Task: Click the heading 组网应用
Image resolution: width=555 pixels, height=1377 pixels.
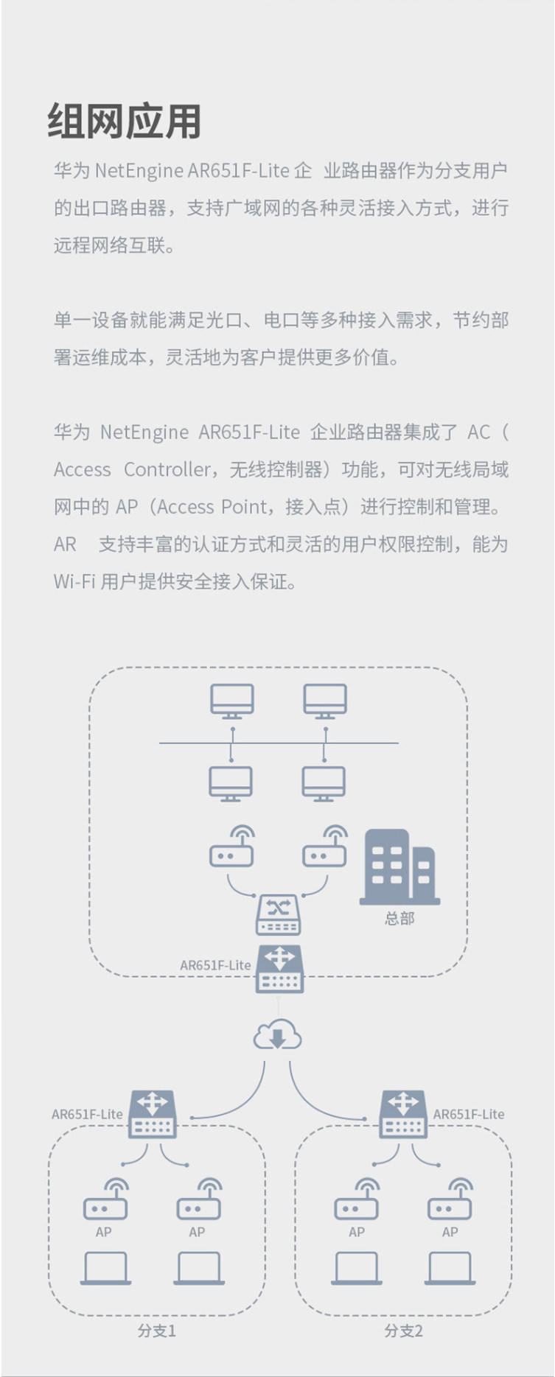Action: click(x=125, y=122)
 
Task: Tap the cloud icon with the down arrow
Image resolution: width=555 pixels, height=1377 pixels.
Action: click(x=277, y=1035)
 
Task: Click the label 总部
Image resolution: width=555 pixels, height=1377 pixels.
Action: click(x=399, y=918)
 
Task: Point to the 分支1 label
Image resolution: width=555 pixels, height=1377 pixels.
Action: click(x=156, y=1331)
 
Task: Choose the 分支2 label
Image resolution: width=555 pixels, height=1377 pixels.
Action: click(x=403, y=1331)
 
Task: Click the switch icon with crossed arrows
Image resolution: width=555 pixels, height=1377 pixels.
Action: click(x=278, y=914)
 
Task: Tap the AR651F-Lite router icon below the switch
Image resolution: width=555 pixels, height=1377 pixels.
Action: click(x=279, y=968)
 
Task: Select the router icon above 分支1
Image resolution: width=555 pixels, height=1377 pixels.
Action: click(x=153, y=1114)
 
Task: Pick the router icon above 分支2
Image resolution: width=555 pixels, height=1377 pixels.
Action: click(x=402, y=1114)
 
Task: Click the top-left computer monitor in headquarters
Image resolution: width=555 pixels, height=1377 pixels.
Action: click(x=232, y=701)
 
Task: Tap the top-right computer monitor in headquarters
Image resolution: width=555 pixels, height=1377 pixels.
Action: click(x=325, y=701)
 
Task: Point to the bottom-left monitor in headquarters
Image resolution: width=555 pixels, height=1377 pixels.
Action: click(x=231, y=783)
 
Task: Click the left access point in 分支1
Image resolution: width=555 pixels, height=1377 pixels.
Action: click(x=105, y=1200)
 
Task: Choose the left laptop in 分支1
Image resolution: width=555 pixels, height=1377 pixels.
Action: click(x=105, y=1268)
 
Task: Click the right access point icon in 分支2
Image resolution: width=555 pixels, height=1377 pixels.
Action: click(x=450, y=1200)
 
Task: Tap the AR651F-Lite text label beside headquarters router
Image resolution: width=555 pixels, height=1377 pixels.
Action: click(x=215, y=965)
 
